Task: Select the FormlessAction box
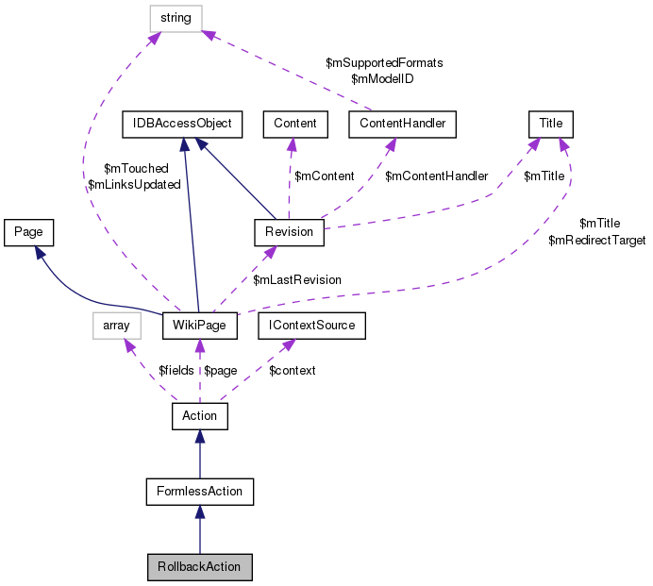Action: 200,491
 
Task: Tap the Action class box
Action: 199,415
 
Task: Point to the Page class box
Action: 28,231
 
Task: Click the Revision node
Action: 289,231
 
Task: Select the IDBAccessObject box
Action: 183,124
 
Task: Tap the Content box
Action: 294,124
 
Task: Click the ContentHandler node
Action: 402,124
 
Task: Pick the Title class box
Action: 550,124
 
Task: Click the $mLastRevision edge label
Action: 296,280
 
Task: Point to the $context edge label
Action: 293,371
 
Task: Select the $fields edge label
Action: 176,371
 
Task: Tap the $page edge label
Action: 221,371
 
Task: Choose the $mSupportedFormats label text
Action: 384,62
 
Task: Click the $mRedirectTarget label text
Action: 596,242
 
